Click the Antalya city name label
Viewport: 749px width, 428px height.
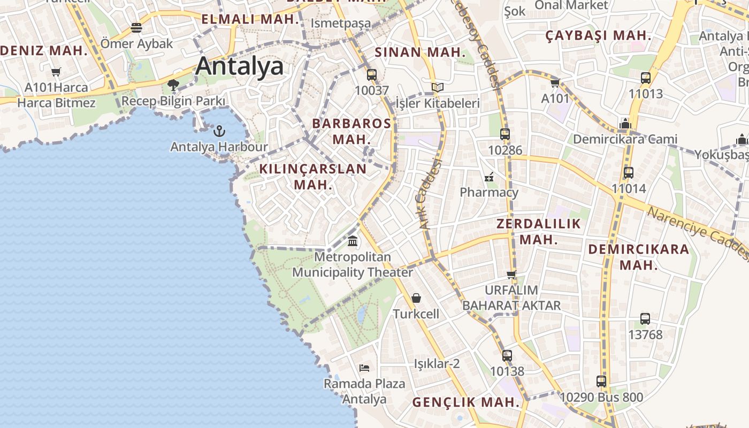239,66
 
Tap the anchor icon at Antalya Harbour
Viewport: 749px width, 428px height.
219,131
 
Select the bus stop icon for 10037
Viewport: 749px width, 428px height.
371,75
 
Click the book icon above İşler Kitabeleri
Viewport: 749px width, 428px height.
438,87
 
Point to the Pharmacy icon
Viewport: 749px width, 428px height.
489,177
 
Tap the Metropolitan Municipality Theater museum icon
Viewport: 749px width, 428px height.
353,241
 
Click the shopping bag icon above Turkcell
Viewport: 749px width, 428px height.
416,298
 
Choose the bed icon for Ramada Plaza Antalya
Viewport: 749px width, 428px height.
364,368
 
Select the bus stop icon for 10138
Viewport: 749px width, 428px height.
507,355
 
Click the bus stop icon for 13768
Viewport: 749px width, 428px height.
645,319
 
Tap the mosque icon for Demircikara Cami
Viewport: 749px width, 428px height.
625,124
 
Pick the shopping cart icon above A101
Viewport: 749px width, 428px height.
555,83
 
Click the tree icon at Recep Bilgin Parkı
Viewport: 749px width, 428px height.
173,85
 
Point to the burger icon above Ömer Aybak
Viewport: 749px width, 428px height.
136,28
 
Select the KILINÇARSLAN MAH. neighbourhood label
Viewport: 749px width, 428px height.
313,177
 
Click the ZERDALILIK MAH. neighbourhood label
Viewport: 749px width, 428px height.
538,231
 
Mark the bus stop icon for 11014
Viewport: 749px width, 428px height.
629,173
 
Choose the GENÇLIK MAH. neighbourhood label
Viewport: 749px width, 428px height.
465,402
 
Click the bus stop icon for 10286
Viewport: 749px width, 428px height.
505,134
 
